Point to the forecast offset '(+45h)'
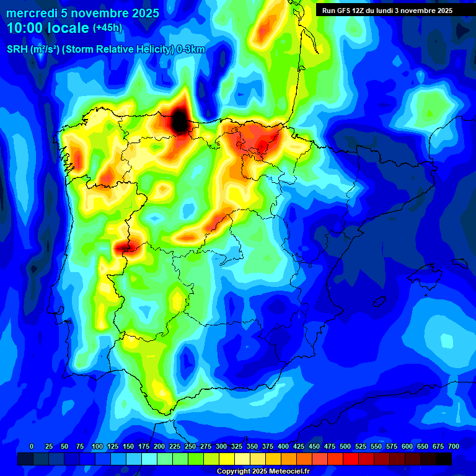click(108, 28)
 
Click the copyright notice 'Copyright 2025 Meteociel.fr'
click(263, 472)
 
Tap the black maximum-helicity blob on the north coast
click(180, 120)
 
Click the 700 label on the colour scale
click(453, 447)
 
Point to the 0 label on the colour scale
click(32, 447)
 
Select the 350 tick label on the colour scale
click(252, 447)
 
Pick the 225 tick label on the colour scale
click(175, 447)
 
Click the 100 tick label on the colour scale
click(97, 447)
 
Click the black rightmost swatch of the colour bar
click(444, 459)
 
